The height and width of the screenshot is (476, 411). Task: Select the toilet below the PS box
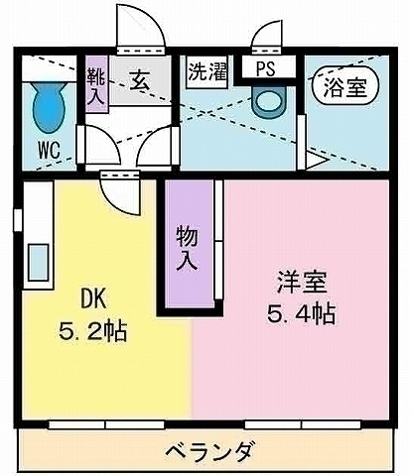(x=268, y=99)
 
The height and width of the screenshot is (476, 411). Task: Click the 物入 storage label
(x=186, y=249)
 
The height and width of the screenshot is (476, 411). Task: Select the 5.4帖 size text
(x=300, y=314)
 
